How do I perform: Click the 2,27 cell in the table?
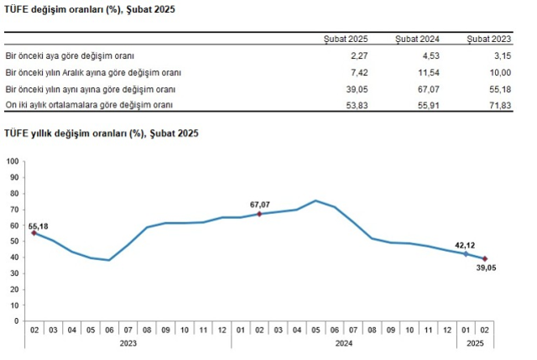click(x=357, y=55)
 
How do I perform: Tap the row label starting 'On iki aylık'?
click(x=89, y=104)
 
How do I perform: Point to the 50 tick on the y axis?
click(x=14, y=241)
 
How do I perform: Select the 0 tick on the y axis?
click(x=17, y=321)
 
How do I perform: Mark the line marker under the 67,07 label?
click(x=260, y=214)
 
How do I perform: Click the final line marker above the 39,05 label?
click(x=485, y=258)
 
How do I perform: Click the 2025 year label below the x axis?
click(x=474, y=342)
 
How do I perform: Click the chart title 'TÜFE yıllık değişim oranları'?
click(x=101, y=133)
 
